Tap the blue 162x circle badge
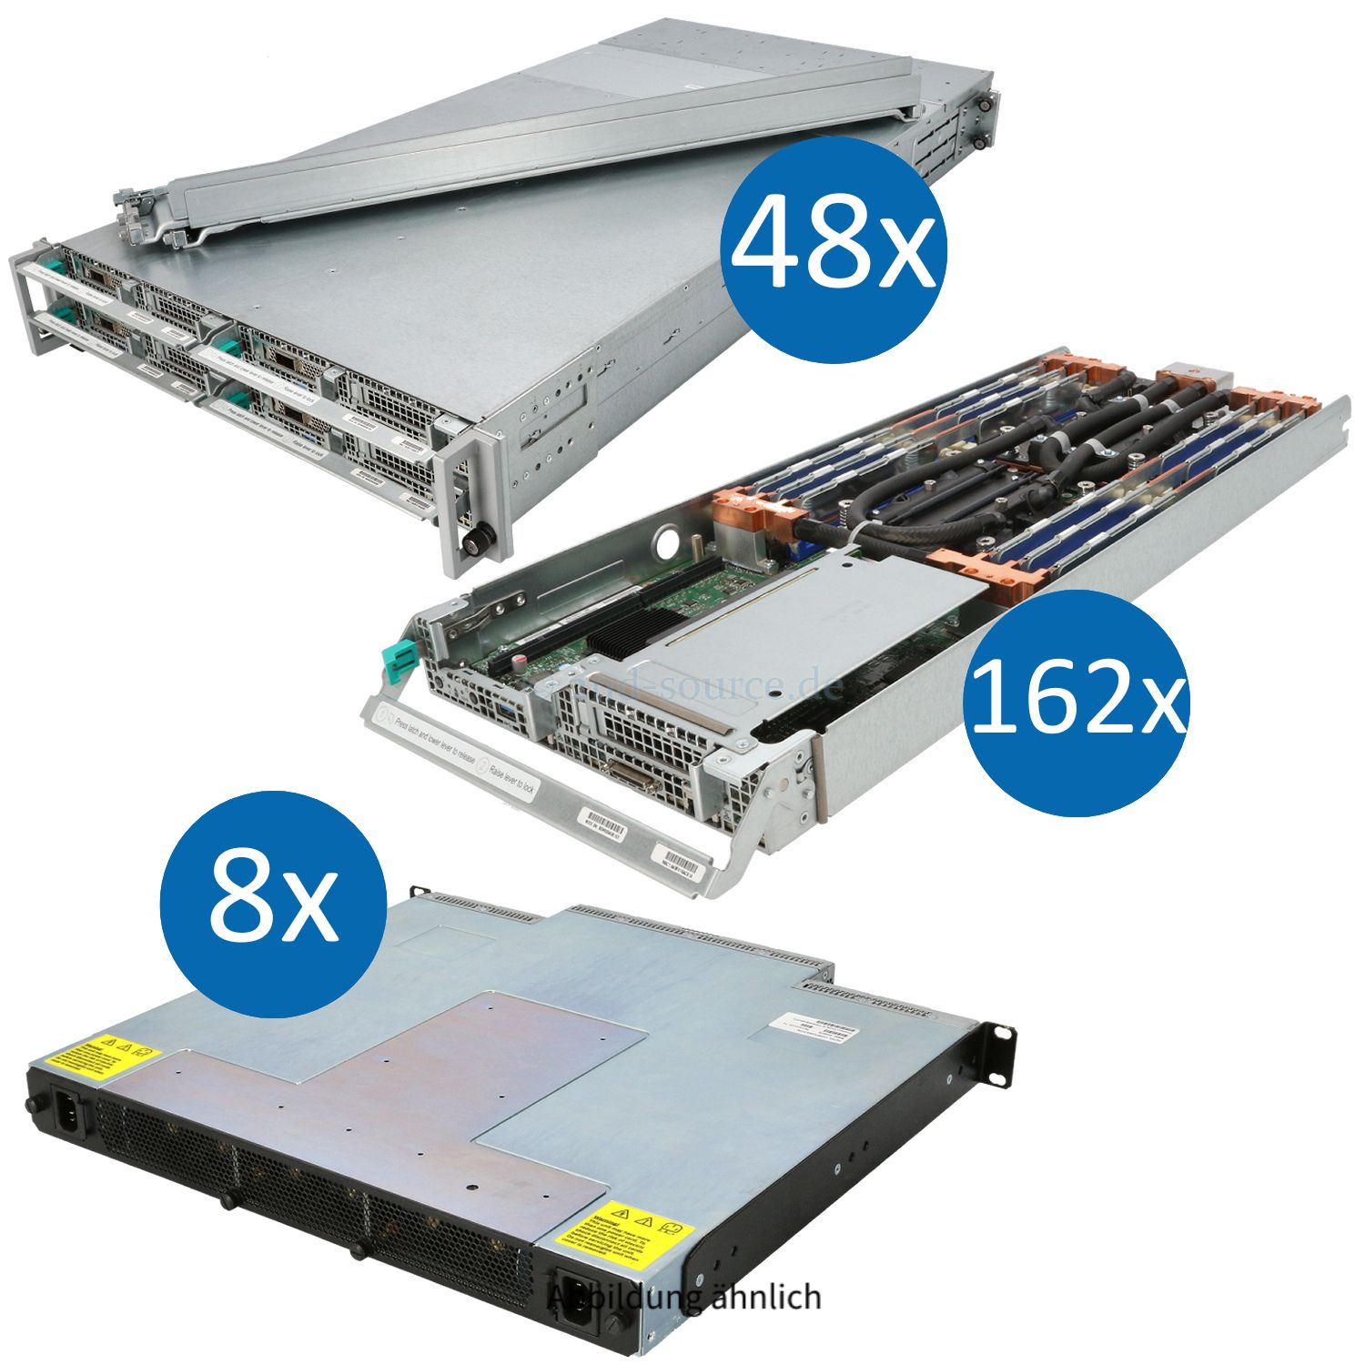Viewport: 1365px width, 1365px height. click(x=1076, y=702)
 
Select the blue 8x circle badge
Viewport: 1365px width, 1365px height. click(x=273, y=904)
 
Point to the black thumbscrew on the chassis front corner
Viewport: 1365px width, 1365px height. click(x=475, y=539)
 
